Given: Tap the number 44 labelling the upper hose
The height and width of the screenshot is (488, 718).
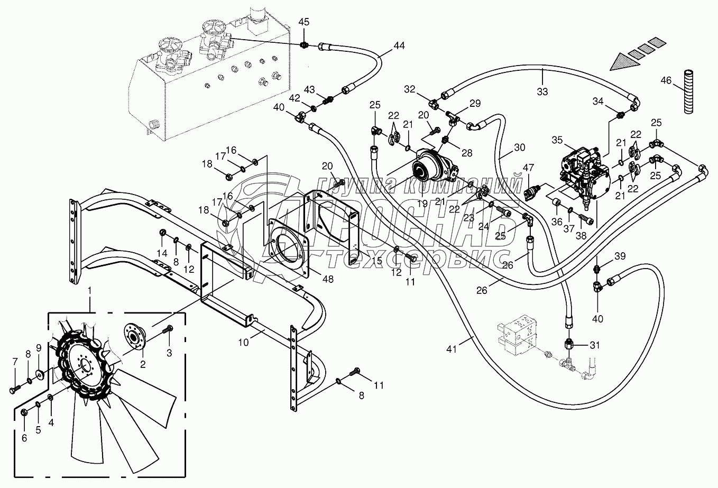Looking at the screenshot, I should point(399,46).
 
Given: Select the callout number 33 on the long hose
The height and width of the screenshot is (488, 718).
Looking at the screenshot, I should point(542,91).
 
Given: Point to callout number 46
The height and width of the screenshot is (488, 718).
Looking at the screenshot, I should point(666,81).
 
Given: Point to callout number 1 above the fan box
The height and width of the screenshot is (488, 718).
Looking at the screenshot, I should point(90,290).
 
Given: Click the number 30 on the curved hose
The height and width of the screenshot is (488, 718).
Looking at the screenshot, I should point(519,148).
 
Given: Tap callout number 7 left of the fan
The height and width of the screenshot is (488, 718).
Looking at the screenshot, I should point(15,362).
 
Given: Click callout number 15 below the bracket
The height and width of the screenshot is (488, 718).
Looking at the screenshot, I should point(376,261).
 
